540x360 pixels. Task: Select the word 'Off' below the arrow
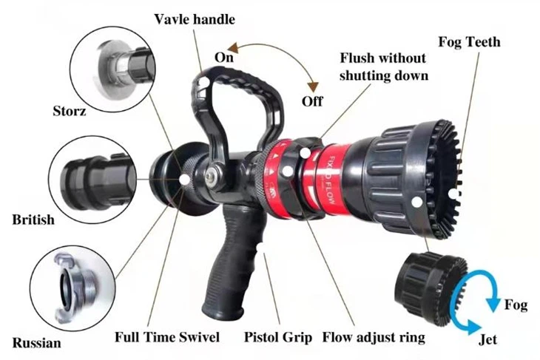click(x=313, y=101)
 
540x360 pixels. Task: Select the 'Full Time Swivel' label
click(x=167, y=338)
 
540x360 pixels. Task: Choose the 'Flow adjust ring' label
click(x=374, y=338)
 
